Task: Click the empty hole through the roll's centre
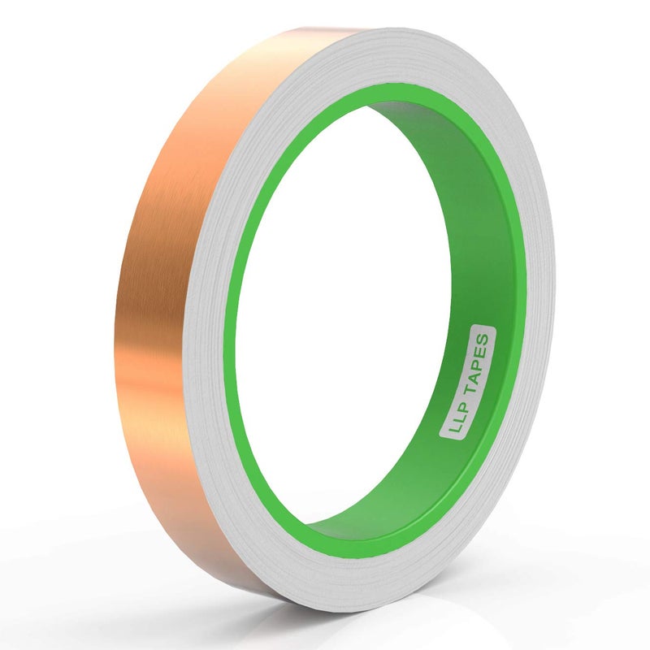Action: click(349, 325)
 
